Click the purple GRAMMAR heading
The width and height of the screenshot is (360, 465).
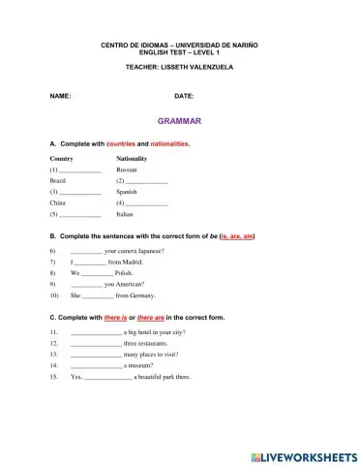coord(180,121)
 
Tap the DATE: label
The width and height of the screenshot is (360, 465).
coord(184,97)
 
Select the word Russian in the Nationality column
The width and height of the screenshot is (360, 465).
coord(127,169)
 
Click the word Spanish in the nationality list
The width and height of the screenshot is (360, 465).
coord(128,192)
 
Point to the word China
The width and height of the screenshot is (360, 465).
coord(57,203)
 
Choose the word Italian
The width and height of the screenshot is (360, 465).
coord(127,215)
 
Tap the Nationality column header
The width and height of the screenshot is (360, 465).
coord(132,157)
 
